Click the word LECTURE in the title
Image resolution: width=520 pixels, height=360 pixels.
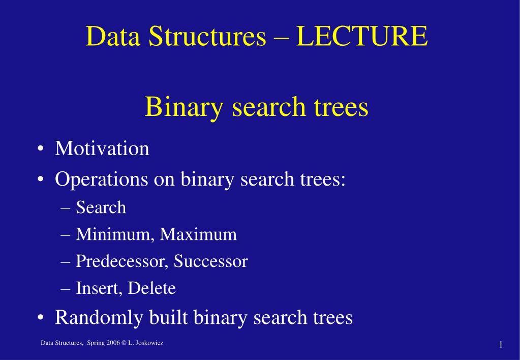pos(362,36)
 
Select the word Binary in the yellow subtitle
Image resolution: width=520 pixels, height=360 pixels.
pos(184,107)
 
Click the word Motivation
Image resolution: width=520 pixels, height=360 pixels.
pos(102,148)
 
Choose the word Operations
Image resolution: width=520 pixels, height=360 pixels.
pos(102,179)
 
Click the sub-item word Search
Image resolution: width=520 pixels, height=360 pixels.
pos(101,207)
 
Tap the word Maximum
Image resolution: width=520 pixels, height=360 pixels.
pos(198,234)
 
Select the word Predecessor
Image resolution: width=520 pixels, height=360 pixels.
pos(120,261)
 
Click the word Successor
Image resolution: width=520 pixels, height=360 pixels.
pos(211,261)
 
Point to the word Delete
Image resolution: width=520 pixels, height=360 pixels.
pos(151,288)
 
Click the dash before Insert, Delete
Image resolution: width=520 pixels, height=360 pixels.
pos(66,289)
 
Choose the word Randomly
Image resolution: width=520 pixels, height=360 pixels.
pos(99,317)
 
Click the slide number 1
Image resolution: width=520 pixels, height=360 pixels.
pos(501,345)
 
